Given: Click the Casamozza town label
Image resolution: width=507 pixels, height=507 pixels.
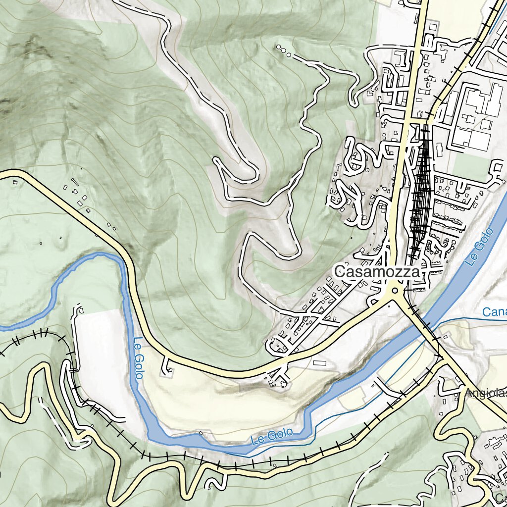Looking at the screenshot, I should tap(377, 272).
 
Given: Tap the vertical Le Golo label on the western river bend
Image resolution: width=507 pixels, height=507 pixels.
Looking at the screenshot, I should tap(138, 357).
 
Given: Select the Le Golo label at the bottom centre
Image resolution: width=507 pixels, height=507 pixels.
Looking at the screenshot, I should tap(271, 436).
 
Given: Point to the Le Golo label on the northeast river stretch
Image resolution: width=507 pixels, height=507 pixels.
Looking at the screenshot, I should tap(480, 247).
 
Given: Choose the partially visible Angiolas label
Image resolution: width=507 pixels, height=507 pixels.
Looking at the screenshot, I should tap(485, 393).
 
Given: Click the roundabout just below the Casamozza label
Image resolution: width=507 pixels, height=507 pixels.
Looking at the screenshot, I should tap(395, 291).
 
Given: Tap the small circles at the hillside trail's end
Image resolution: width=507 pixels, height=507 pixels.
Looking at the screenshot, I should tap(283, 51).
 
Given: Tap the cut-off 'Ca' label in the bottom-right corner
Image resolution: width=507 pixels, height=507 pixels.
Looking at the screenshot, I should tap(500, 497).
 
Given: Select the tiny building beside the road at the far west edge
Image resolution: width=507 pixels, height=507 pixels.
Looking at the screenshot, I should tap(15, 182).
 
